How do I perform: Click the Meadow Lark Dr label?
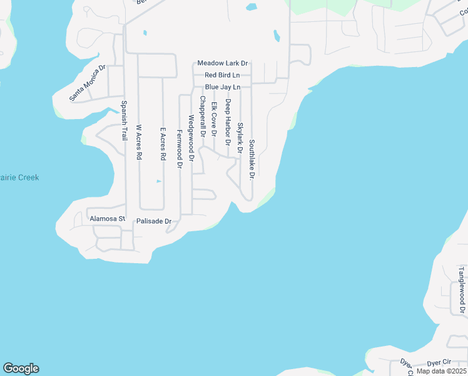tap(223, 63)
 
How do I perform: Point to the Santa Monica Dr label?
tap(87, 83)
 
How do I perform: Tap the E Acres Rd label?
tap(163, 144)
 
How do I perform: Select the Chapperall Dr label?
tap(202, 117)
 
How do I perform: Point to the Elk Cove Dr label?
tap(214, 120)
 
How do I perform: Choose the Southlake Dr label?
tap(252, 160)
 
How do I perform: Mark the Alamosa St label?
tap(108, 219)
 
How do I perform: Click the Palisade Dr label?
tap(154, 221)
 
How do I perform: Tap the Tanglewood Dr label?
tap(462, 290)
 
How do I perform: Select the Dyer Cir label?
tap(439, 362)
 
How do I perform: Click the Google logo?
tap(21, 368)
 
